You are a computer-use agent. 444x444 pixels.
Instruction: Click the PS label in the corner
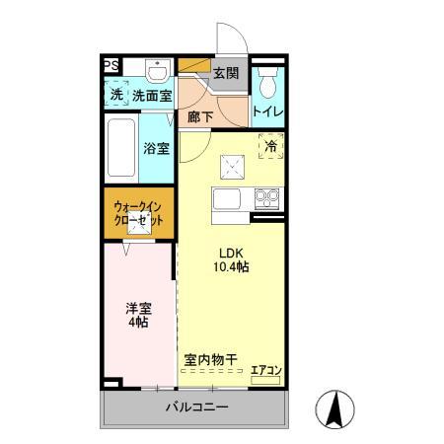(x=111, y=65)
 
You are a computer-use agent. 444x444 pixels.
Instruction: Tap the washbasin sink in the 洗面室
(x=158, y=71)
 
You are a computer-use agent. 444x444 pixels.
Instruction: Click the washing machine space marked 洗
(x=116, y=94)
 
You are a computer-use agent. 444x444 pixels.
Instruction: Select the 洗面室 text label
(x=152, y=96)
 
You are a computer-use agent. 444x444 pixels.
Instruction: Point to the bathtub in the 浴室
(x=121, y=148)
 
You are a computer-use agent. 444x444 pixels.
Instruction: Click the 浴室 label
(x=156, y=148)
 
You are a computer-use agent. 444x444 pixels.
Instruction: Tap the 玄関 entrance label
(x=226, y=73)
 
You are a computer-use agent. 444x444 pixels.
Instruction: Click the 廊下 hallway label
(x=200, y=117)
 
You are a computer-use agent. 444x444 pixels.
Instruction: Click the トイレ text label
(x=267, y=111)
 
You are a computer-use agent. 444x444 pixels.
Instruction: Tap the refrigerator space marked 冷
(x=271, y=146)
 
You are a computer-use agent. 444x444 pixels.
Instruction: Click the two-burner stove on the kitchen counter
(x=266, y=198)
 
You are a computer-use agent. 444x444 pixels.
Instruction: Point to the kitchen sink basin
(x=227, y=199)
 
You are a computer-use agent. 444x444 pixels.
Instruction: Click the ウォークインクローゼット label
(x=138, y=214)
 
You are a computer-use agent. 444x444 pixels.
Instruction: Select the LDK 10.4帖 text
(x=231, y=260)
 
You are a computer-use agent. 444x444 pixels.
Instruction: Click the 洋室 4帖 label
(x=138, y=315)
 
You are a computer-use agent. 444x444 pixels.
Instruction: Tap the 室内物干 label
(x=210, y=359)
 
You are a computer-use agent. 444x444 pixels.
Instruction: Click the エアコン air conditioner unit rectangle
(x=265, y=381)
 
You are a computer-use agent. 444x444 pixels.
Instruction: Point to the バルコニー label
(x=197, y=407)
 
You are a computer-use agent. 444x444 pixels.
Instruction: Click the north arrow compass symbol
(x=334, y=409)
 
